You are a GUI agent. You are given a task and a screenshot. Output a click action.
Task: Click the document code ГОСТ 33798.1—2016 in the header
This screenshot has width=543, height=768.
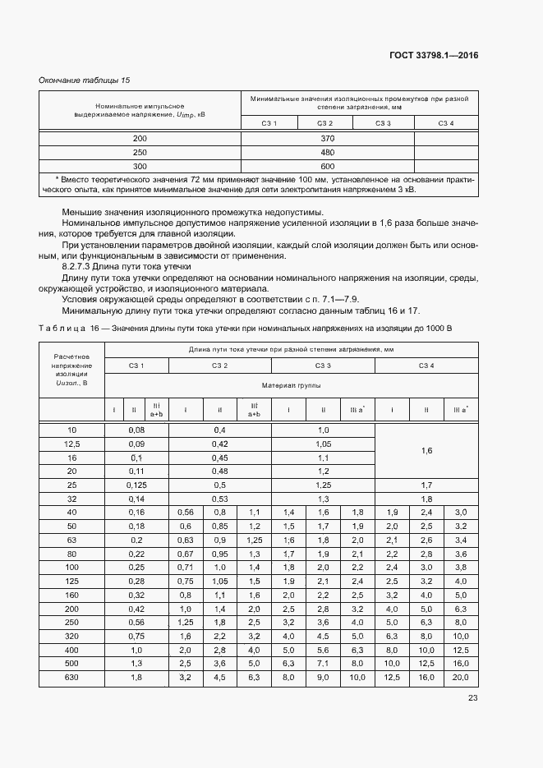point(434,56)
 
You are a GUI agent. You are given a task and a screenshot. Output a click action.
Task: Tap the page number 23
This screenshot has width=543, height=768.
point(472,698)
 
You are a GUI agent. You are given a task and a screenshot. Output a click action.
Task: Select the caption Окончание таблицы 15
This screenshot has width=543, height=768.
point(85,80)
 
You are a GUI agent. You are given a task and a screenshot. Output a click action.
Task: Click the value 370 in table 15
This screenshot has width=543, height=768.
point(327,138)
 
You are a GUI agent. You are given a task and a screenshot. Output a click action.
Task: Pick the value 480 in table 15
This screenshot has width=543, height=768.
point(327,152)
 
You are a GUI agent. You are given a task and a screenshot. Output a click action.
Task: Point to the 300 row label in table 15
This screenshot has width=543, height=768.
point(140,165)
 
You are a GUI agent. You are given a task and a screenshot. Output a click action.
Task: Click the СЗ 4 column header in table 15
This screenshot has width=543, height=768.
point(445,123)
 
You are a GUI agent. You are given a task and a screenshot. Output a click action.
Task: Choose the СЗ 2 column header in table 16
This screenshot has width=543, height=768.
point(219,365)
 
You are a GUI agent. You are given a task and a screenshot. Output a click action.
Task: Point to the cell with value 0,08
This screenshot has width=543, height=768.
point(136,430)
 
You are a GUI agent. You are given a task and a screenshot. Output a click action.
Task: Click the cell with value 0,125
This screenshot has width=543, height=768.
point(136,485)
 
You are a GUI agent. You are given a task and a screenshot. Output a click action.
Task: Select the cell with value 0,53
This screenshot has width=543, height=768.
point(219,499)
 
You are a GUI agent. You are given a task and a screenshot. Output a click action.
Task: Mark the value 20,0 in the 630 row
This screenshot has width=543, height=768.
point(460,677)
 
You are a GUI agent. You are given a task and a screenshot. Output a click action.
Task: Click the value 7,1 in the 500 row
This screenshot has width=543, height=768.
point(323,663)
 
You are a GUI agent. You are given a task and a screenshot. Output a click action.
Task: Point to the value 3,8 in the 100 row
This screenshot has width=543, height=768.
point(460,567)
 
